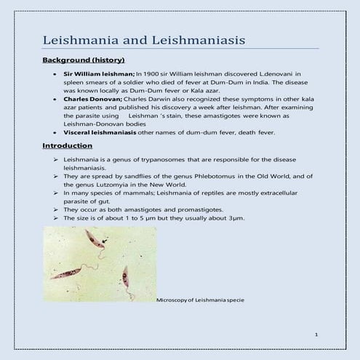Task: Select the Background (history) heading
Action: (x=84, y=59)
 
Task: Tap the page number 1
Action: (x=317, y=334)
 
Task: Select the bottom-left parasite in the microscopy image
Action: (x=65, y=273)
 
